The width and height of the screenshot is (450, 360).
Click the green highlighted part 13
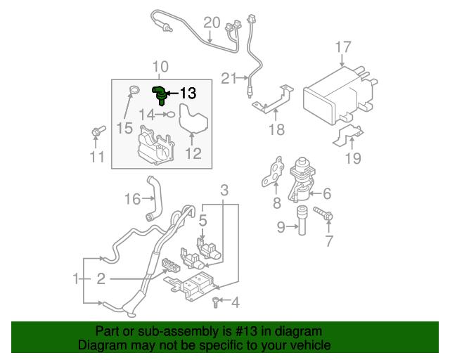tap(161, 94)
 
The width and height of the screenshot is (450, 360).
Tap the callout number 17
tap(342, 48)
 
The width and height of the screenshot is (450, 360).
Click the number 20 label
tap(212, 22)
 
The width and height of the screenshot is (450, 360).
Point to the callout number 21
tap(229, 79)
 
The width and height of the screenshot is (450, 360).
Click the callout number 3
tap(224, 190)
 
